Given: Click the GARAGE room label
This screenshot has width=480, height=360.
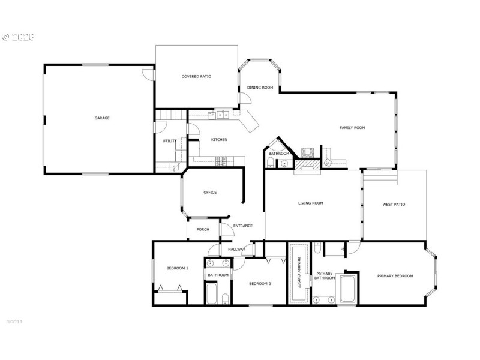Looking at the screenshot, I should coord(102,118).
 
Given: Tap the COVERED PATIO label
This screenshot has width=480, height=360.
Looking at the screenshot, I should coord(197,76).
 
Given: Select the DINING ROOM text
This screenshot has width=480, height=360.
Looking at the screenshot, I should coord(260,88).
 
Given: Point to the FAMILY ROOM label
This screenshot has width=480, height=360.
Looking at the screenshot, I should coord(352,127).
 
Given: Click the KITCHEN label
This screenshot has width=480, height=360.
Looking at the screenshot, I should coord(219,140).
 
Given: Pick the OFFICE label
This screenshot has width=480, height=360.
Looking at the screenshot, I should coord(209,193).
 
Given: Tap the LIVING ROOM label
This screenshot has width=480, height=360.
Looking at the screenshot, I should coord(311,203).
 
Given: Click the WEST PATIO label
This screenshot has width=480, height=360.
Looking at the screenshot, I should coord(394,205).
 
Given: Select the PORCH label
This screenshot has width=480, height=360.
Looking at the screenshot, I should coord(203,229).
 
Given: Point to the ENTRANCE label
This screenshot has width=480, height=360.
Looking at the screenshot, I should coord(243,226).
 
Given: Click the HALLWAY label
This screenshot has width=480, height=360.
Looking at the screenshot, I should coord(236,249).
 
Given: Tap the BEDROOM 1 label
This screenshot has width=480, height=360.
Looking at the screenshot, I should coord(178,268).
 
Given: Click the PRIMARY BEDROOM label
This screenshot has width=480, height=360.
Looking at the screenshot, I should coord(395,276).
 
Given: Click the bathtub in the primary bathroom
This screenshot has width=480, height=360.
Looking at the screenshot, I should coord(348,289).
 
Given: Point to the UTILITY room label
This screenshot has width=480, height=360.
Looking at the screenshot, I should coord(169,141).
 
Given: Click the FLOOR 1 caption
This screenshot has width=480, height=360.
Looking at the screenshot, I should coord(14,322).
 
